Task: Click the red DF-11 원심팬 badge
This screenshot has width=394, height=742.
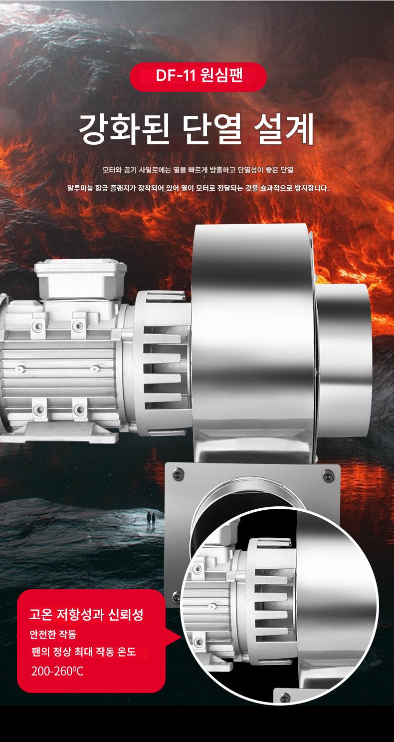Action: [x=198, y=76]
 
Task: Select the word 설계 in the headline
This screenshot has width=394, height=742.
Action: [x=284, y=129]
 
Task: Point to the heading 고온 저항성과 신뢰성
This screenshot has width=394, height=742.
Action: [x=86, y=615]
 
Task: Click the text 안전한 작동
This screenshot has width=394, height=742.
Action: [x=53, y=634]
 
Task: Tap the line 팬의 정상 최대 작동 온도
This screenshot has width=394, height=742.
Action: [x=83, y=652]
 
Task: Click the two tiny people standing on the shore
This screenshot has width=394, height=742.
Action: [x=151, y=519]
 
